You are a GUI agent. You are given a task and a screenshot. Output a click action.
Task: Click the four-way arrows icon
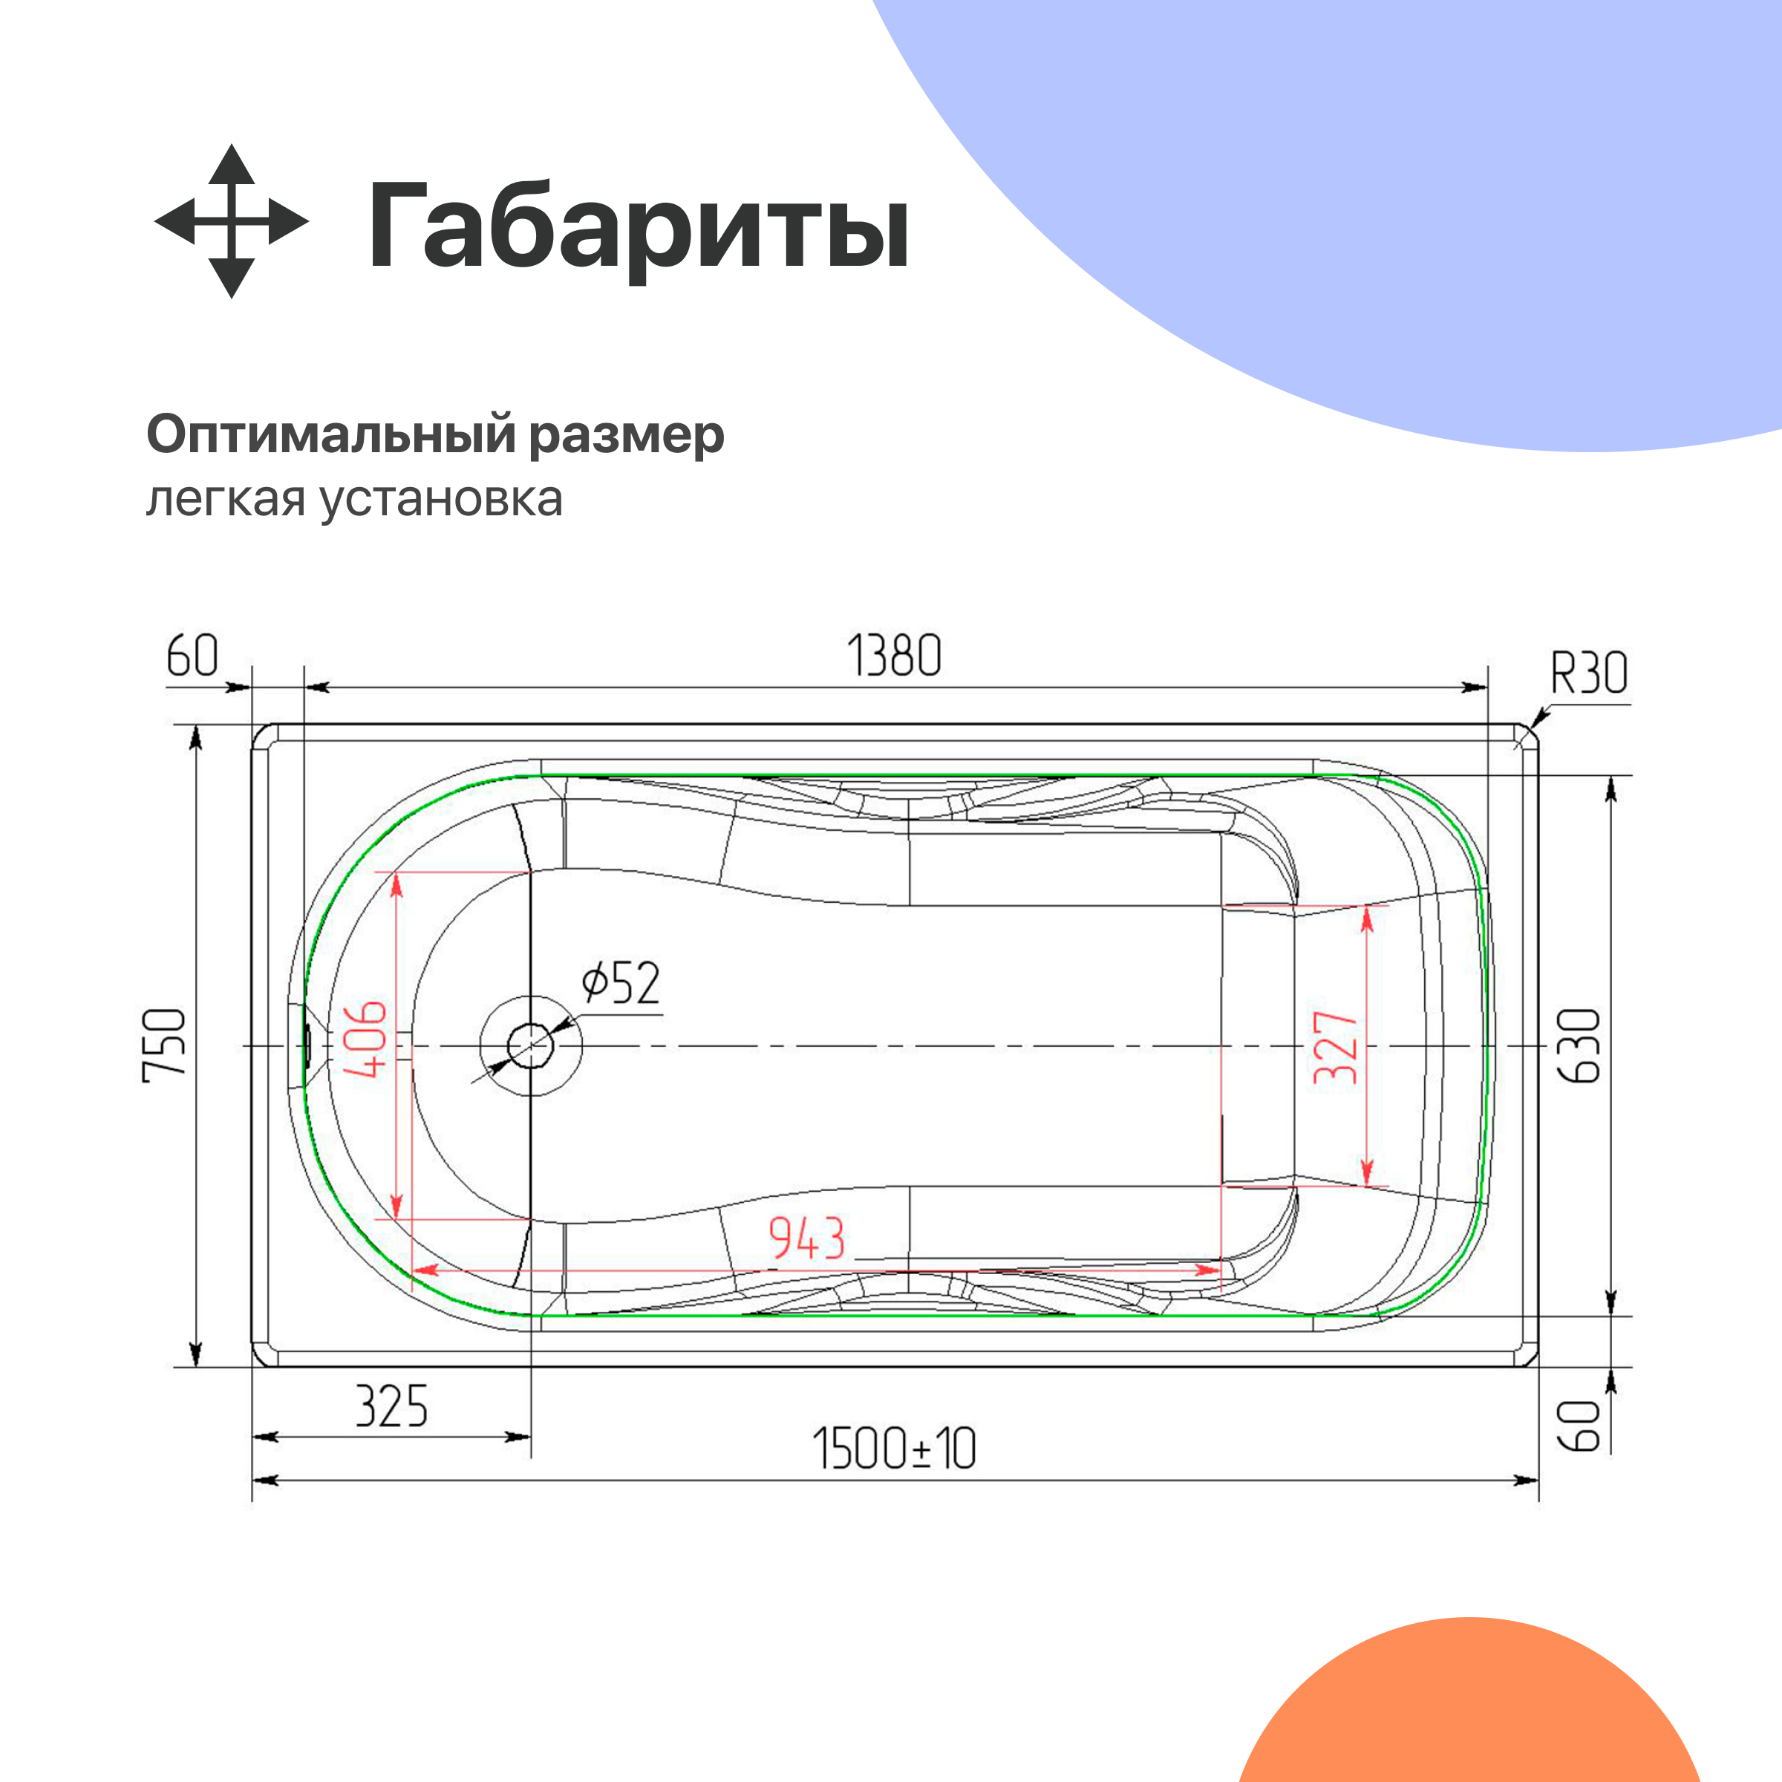[231, 221]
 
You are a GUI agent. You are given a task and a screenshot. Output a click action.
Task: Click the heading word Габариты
[639, 226]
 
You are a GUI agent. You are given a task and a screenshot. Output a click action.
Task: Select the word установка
[441, 499]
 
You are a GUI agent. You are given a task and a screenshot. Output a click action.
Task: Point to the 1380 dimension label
[894, 656]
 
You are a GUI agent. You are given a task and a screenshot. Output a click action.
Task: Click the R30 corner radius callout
[1588, 673]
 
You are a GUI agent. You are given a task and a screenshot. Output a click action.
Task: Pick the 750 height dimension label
[166, 1042]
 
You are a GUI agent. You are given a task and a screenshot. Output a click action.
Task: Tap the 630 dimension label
[1579, 1045]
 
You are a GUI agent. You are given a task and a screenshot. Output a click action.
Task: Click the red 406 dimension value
[365, 1039]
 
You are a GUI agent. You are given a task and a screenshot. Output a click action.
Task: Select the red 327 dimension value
[1336, 1047]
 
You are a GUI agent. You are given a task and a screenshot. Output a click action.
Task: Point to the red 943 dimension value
[807, 1238]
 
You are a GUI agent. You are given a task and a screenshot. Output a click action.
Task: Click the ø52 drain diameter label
[621, 983]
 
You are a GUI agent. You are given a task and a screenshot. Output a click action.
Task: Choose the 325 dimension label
[392, 1406]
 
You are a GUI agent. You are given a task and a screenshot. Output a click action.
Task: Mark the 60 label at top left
[192, 656]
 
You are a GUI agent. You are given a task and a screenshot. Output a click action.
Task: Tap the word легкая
[225, 499]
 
